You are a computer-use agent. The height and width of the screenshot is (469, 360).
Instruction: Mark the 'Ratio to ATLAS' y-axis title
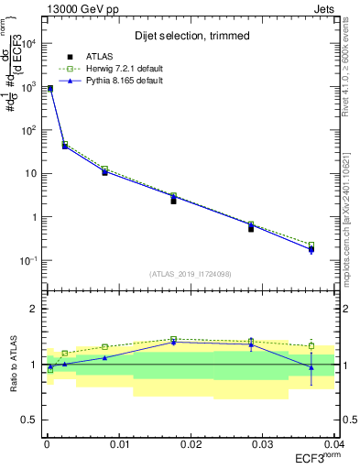pyautogui.click(x=12, y=365)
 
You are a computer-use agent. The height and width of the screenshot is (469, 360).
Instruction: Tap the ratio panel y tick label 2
pyautogui.click(x=33, y=309)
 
